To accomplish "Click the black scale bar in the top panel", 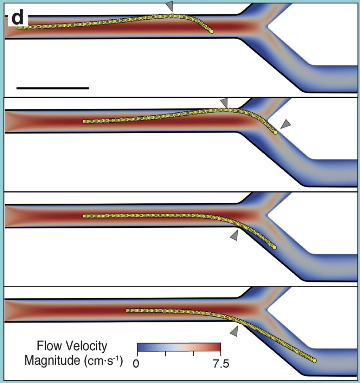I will [52, 88].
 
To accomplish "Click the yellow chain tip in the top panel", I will [212, 32].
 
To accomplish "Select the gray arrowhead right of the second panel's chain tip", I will [286, 124].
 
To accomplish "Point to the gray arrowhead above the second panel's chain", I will [224, 103].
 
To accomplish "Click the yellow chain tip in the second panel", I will [276, 132].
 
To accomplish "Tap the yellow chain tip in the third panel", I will [275, 248].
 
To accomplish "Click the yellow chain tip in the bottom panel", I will [315, 361].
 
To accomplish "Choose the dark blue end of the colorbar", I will [140, 347].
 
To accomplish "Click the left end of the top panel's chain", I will [18, 27].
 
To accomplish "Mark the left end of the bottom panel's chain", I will [128, 310].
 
